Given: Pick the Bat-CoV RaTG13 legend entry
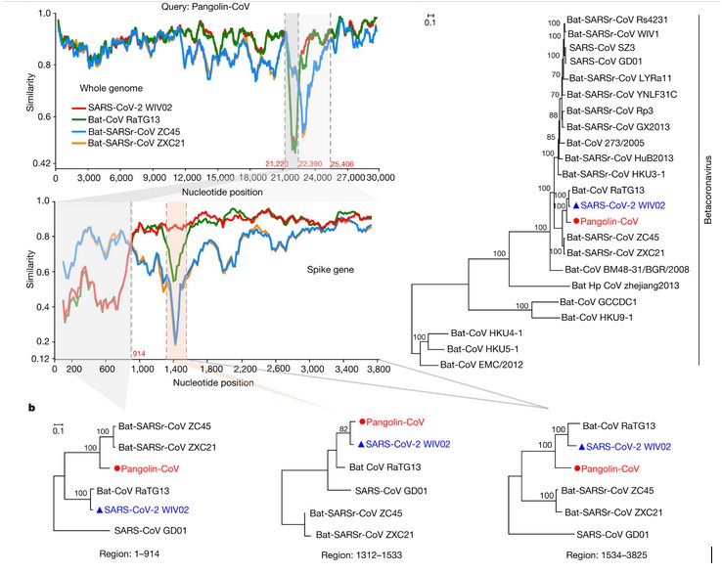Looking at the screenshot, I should [x=132, y=118].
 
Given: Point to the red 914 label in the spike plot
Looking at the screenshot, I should [x=138, y=352].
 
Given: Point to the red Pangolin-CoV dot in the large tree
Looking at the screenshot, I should [x=578, y=221].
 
